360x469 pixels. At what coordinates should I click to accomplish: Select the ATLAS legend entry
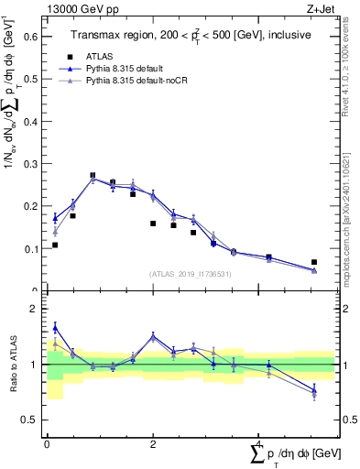111,55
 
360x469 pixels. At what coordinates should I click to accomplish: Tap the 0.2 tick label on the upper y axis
30,206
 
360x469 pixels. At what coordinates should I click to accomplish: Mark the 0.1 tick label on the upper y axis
30,248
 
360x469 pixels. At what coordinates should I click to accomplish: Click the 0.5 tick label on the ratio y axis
32,420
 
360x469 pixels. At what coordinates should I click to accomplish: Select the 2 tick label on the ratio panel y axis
37,310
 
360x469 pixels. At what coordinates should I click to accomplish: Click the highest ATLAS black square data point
93,175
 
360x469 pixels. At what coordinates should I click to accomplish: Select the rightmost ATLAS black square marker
313,262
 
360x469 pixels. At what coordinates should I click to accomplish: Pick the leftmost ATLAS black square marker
55,245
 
